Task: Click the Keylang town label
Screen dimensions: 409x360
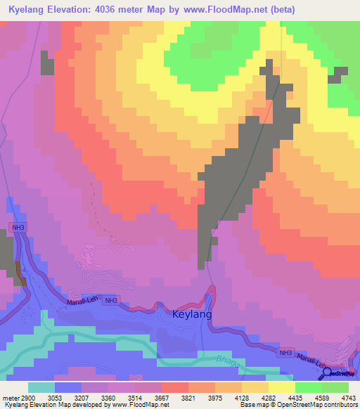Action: [x=193, y=315]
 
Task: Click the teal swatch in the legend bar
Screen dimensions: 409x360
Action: [x=41, y=387]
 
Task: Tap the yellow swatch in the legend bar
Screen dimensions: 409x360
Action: [x=281, y=387]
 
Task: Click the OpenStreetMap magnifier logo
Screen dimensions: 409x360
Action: [x=328, y=372]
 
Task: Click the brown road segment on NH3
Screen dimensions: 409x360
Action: [x=20, y=273]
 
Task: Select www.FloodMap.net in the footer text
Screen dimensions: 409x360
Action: [x=138, y=405]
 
